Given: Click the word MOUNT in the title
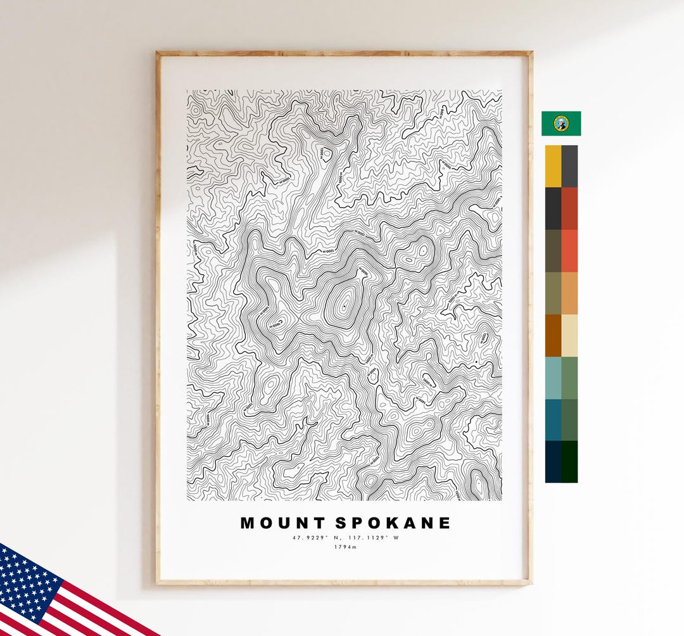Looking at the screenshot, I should coord(282,523).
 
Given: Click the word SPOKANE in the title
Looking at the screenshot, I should coord(393,523).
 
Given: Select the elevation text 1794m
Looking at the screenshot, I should coord(345,547).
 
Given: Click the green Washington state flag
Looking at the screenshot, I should coord(561,124).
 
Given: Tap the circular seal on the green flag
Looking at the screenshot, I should coord(561,124).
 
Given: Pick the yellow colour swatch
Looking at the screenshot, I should coord(553,166).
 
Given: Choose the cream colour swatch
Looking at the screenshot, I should coord(569,335).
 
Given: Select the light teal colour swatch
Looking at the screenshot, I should coord(553,378).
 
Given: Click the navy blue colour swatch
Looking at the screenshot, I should coord(553,462).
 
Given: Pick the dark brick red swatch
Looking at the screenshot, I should coord(569,208).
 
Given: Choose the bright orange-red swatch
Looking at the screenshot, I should coord(569,251).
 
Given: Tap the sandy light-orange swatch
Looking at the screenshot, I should coord(569,293).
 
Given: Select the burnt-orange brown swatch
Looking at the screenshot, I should coord(553,335).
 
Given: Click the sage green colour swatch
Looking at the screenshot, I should coord(569,378).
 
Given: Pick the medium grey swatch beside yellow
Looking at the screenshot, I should coord(569,166).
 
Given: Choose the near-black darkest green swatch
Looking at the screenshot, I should coord(569,462).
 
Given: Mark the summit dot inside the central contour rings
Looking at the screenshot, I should coord(343,307).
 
